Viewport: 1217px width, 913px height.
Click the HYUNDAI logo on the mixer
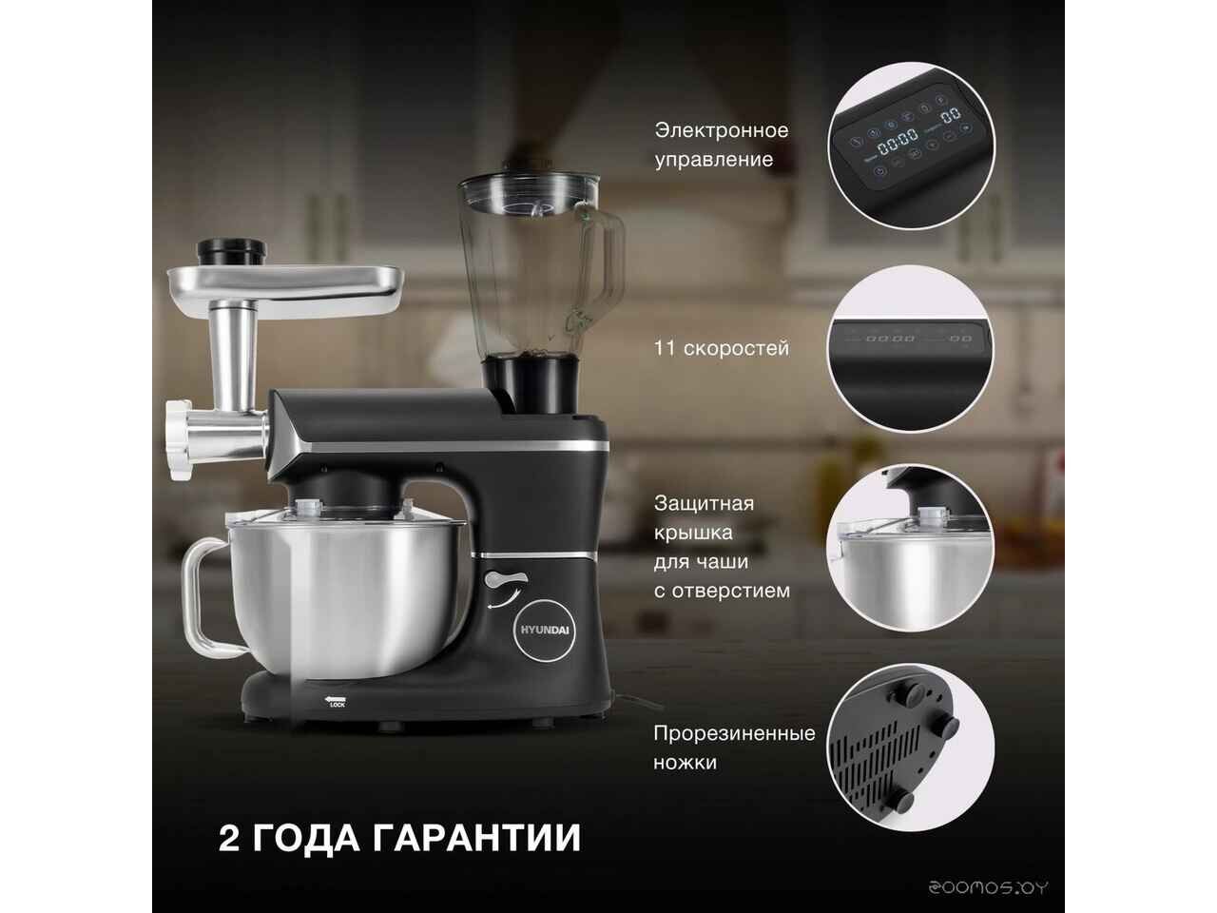pos(541,631)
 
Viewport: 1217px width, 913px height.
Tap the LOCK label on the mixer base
pos(338,705)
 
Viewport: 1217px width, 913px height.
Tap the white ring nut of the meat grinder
pos(178,439)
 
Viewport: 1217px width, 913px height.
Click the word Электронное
pos(722,131)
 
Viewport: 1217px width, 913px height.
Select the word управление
pos(714,160)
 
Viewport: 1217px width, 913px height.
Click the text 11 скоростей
pos(722,348)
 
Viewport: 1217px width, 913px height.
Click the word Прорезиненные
pos(735,733)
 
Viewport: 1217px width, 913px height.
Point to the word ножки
pos(686,763)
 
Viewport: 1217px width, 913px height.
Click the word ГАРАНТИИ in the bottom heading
pos(476,837)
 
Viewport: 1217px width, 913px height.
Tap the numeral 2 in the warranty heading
pos(229,837)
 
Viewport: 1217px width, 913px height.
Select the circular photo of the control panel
pos(911,146)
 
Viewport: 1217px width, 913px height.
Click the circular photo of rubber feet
pos(911,747)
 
